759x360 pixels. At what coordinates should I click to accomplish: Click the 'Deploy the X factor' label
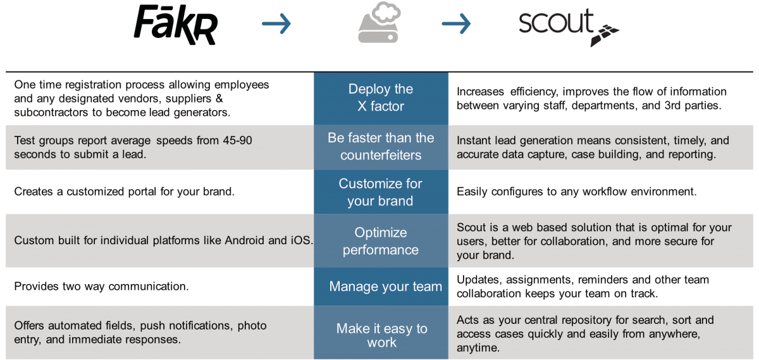380,97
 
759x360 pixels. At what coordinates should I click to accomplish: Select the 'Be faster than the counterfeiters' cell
380,146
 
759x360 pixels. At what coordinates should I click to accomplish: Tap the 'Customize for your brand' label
380,192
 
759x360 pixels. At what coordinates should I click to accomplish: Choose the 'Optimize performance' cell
380,241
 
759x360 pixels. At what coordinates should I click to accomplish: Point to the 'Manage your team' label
385,287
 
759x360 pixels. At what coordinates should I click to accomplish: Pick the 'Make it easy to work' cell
381,335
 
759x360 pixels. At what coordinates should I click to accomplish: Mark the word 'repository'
567,320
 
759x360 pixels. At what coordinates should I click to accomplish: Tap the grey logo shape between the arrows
392,24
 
